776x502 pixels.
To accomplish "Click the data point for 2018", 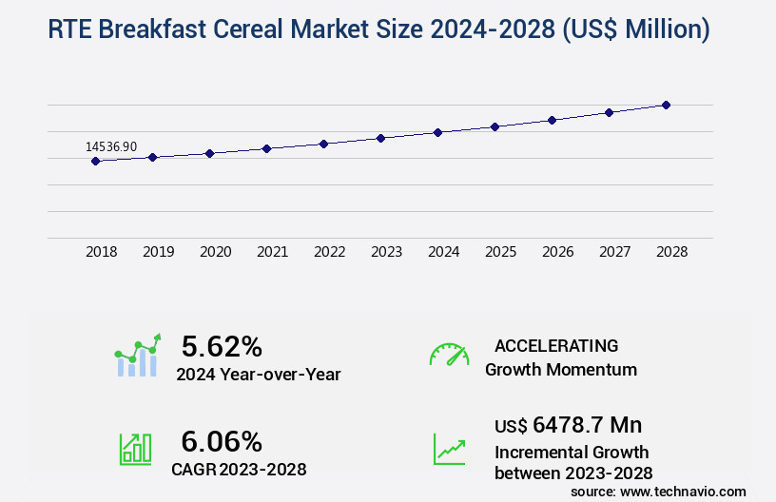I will click(x=95, y=161).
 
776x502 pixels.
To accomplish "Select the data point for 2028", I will click(x=666, y=105).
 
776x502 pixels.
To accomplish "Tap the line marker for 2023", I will click(x=380, y=138).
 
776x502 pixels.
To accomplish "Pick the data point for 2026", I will click(x=552, y=120).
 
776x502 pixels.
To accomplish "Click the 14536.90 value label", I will click(x=111, y=146).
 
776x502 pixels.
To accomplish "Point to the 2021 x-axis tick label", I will click(x=272, y=252).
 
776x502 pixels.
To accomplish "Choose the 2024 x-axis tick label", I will click(x=443, y=252).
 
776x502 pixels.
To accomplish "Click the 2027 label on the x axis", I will click(x=614, y=252).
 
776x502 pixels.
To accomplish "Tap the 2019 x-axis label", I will click(x=158, y=252).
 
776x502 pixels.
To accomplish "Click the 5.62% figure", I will click(x=222, y=346).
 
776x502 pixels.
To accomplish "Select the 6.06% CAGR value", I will click(x=222, y=441).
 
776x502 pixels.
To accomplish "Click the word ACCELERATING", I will click(x=556, y=346).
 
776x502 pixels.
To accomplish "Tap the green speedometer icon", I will click(x=449, y=355).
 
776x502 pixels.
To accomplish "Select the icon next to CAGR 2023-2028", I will click(x=135, y=449).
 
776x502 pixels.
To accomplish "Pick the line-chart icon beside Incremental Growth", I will click(x=449, y=449).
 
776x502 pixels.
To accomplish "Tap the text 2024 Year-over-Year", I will click(x=258, y=375).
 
